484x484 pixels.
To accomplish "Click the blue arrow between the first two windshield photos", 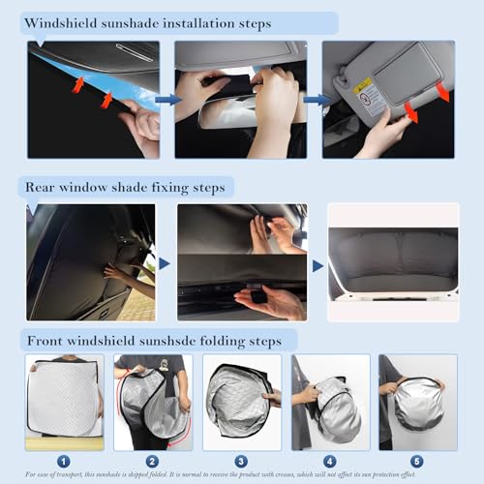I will [166, 98].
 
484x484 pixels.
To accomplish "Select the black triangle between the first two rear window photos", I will [165, 263].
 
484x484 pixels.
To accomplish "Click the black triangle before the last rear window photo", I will [317, 263].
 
